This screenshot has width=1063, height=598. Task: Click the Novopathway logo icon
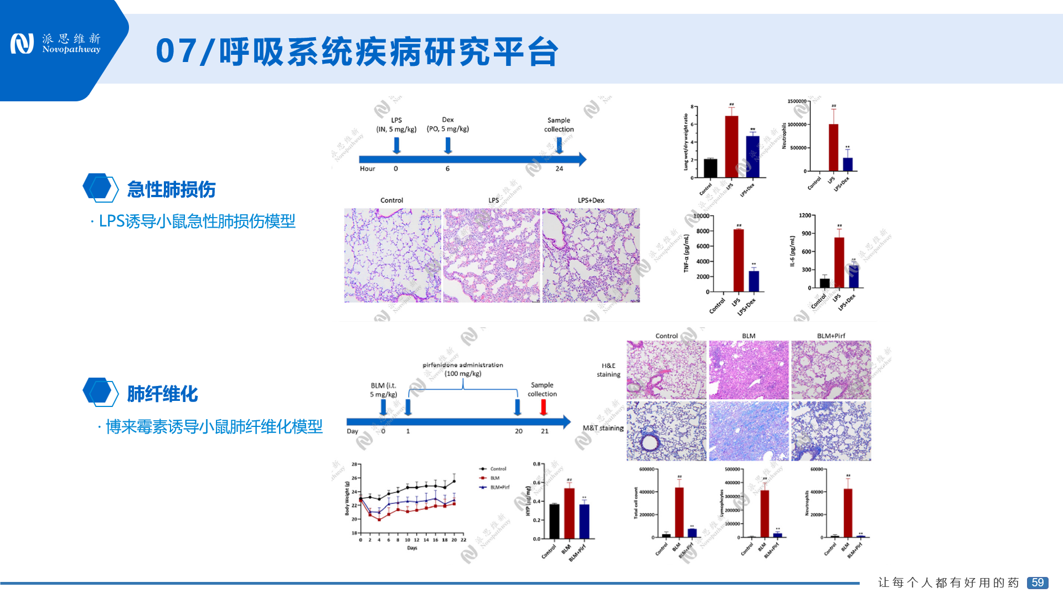22,44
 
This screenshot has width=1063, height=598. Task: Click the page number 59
1038,582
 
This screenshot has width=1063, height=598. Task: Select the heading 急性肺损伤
171,189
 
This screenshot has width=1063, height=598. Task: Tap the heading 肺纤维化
162,394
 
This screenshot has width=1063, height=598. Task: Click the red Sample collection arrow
544,407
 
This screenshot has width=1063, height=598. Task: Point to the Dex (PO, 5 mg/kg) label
448,125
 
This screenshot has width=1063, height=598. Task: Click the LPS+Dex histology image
591,255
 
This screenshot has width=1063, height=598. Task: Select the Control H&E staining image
666,370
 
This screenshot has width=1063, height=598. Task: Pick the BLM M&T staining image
749,431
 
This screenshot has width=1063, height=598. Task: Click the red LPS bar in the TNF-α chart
739,260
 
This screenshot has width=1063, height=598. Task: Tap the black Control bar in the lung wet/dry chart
710,168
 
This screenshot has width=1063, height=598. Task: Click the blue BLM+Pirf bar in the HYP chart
584,521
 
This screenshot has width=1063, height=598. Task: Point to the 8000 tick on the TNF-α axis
703,231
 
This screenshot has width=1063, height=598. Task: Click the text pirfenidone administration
463,365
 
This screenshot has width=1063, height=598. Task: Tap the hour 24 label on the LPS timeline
559,168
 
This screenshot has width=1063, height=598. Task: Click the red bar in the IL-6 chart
839,262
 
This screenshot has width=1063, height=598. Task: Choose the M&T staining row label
603,428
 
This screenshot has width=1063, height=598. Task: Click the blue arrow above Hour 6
448,145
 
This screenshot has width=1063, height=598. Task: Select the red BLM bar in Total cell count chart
679,512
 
